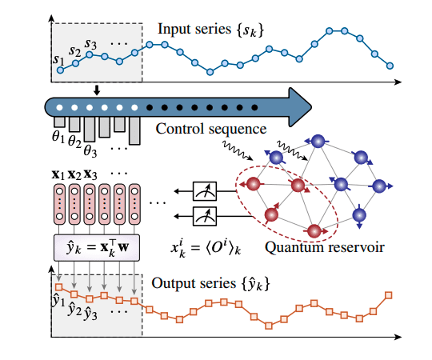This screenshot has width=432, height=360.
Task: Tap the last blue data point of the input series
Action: point(390,66)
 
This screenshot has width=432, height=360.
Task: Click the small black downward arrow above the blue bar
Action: point(97,90)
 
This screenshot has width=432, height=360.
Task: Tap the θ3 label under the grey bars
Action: point(90,150)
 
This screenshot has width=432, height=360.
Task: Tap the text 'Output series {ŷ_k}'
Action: point(210,284)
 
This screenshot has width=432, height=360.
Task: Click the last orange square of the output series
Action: point(389,295)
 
